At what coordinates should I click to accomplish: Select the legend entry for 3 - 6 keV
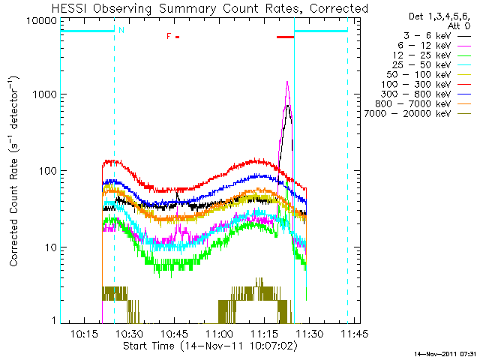click(x=430, y=35)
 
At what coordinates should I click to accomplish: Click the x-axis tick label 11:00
click(x=218, y=334)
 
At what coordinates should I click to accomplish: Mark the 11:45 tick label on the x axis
click(x=347, y=334)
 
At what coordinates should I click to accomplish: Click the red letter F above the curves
click(x=169, y=36)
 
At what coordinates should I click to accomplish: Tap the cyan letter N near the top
click(x=121, y=30)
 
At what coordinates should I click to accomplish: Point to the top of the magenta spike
click(x=286, y=82)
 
